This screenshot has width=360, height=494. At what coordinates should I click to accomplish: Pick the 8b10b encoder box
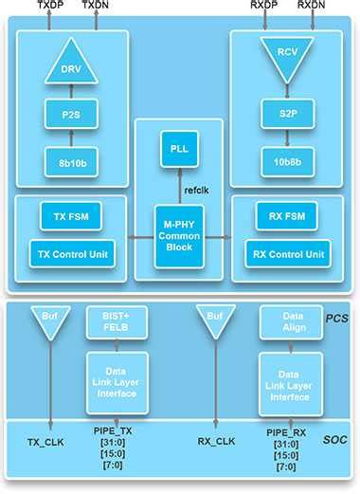pyautogui.click(x=71, y=162)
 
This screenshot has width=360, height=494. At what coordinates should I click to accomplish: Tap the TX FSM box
pyautogui.click(x=70, y=216)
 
